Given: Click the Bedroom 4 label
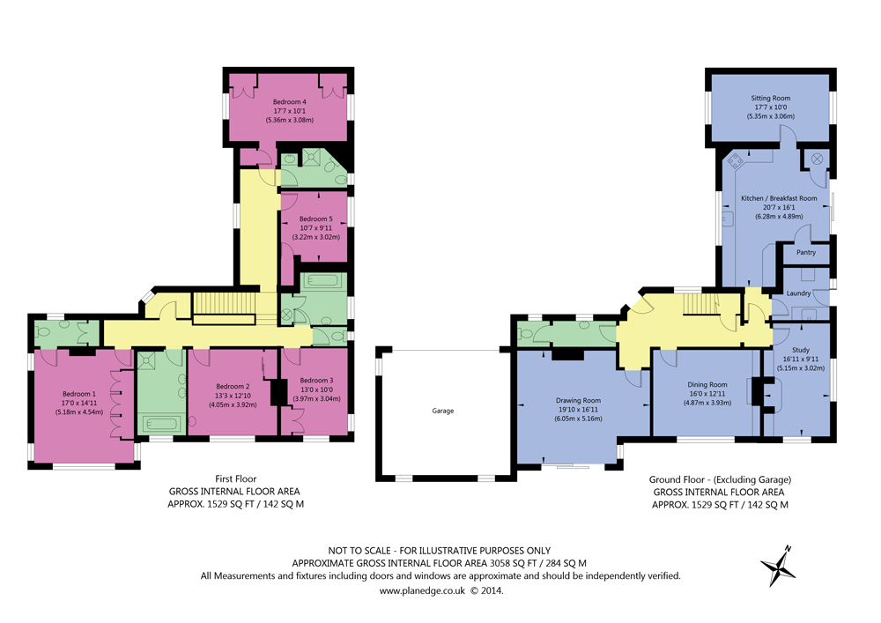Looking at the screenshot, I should click(x=290, y=102).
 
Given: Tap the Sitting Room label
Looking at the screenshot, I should click(x=770, y=98).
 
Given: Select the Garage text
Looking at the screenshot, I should click(x=443, y=411).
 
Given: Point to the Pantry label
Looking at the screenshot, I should click(x=805, y=253).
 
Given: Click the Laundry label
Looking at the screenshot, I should click(x=798, y=293).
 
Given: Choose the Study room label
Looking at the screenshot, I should click(x=800, y=351).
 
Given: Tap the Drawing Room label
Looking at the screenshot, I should click(x=578, y=400).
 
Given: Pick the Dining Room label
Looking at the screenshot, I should click(x=707, y=384).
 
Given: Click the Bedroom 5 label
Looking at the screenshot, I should click(x=315, y=219).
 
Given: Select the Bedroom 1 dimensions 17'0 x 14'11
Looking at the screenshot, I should click(x=78, y=403).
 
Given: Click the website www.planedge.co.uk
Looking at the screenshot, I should click(x=421, y=591).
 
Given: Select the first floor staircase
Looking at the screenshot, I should click(x=223, y=306).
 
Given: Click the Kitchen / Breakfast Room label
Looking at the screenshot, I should click(x=779, y=198).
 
